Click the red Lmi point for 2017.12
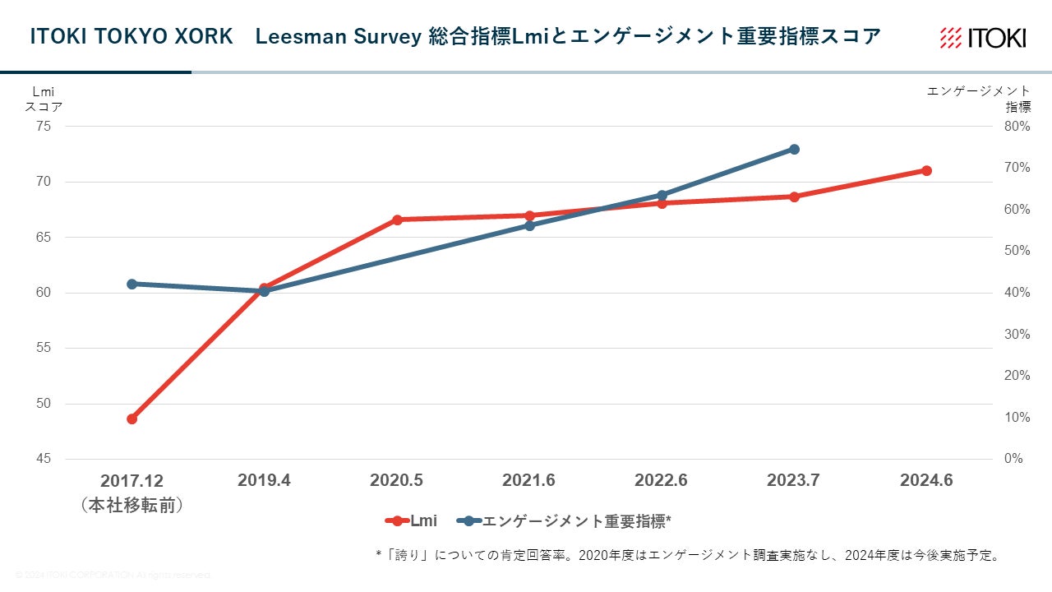tap(131, 419)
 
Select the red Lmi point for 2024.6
tap(926, 170)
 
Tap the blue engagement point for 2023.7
tap(794, 149)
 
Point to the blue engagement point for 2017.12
tap(131, 284)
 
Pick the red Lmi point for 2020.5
tap(397, 220)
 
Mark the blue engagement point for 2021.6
tap(529, 225)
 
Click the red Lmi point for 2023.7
tap(794, 197)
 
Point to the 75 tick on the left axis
tap(44, 127)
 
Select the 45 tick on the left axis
tap(44, 459)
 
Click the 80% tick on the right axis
tap(1017, 127)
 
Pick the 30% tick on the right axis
tap(1017, 335)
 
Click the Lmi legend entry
tap(411, 521)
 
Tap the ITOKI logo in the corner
tap(983, 38)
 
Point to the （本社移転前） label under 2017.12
tap(131, 505)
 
